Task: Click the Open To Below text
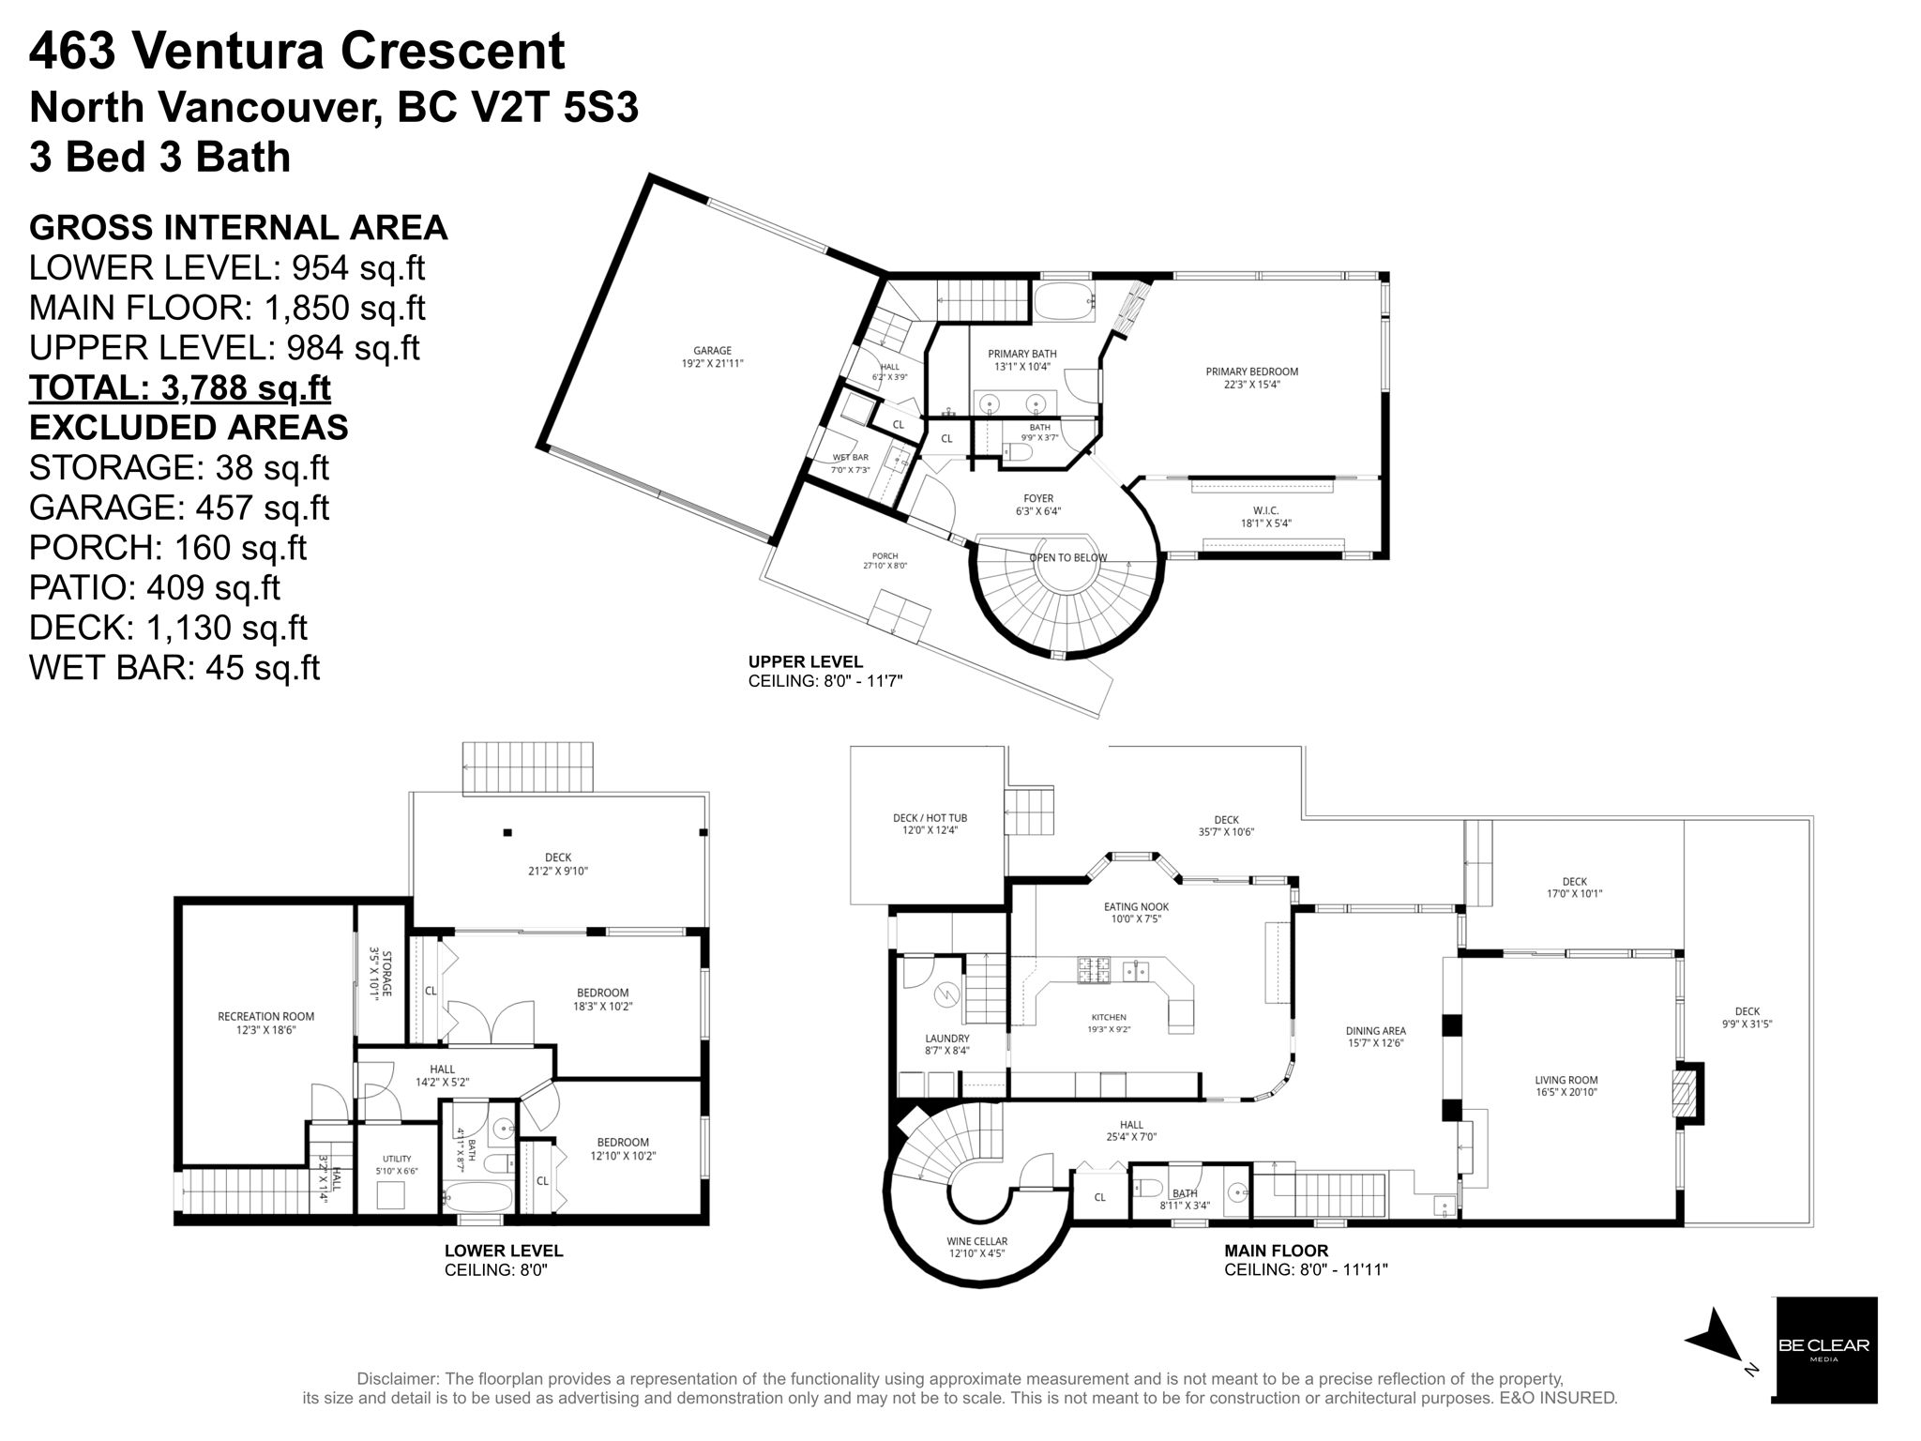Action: tap(1068, 557)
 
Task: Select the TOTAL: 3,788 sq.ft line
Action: tap(180, 387)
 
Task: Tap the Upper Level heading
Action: tap(806, 661)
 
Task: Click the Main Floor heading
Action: tap(1276, 1250)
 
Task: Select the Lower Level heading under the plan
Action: tap(504, 1250)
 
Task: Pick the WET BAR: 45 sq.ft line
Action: tap(174, 667)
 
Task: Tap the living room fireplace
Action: tap(1687, 1092)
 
